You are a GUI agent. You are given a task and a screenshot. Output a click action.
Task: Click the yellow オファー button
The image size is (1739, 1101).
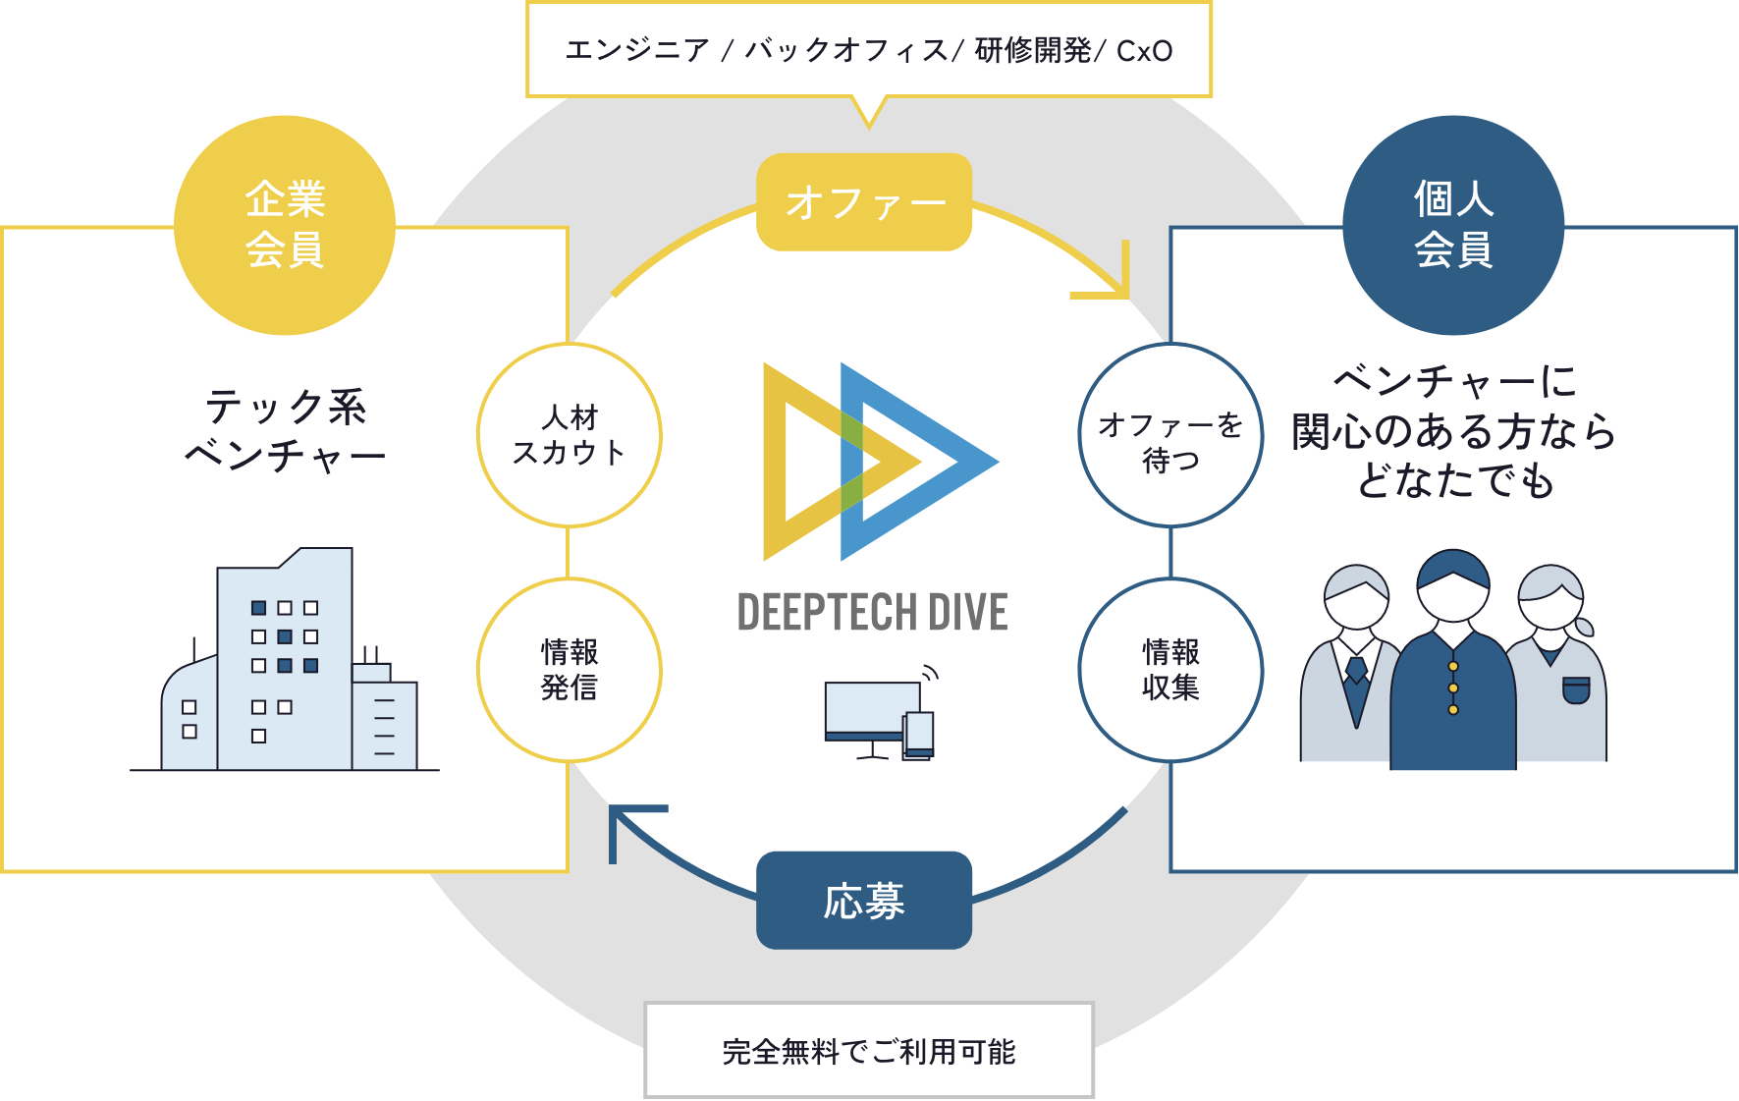click(x=863, y=202)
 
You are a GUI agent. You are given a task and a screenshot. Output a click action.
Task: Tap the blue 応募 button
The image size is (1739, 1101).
click(x=863, y=900)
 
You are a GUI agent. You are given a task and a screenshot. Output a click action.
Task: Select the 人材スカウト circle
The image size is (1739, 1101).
click(x=570, y=435)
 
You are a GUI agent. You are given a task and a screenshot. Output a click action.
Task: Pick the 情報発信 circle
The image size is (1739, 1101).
click(x=570, y=670)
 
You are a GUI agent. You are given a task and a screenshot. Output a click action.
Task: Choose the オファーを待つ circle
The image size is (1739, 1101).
click(x=1170, y=435)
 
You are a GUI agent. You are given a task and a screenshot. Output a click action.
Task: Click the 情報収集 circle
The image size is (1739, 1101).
click(x=1170, y=670)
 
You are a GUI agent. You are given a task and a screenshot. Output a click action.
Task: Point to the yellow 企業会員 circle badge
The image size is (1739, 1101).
click(x=285, y=225)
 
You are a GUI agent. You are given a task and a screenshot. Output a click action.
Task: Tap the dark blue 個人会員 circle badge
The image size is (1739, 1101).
click(x=1453, y=225)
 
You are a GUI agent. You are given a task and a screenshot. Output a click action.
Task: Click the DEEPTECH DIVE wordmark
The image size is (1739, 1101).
click(x=872, y=613)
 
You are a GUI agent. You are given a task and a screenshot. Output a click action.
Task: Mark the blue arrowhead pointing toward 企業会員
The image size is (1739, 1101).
click(x=628, y=825)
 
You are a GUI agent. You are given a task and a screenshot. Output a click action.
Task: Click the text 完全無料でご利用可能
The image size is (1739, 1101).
click(x=869, y=1052)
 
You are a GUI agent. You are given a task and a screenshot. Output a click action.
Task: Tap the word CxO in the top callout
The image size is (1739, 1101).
click(x=1145, y=51)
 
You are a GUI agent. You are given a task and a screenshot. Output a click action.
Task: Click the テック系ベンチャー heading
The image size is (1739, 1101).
click(x=285, y=430)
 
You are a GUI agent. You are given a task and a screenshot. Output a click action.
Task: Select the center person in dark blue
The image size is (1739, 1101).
click(x=1453, y=668)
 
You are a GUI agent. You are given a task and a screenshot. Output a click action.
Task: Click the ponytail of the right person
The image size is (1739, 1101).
click(x=1583, y=626)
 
